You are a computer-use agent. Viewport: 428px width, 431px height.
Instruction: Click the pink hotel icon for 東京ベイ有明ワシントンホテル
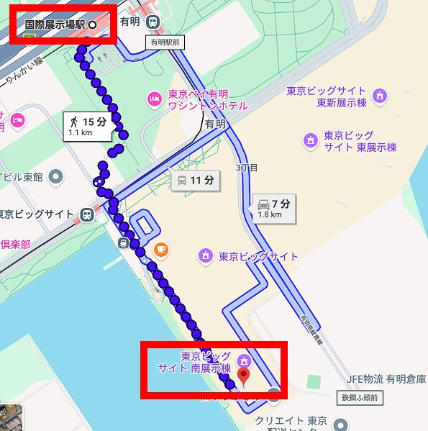pos(153,98)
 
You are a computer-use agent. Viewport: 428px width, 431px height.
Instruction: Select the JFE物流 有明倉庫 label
pos(384,379)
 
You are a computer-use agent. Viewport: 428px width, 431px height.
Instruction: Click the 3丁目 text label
pos(247,168)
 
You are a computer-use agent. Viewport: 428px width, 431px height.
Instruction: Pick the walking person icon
pos(75,122)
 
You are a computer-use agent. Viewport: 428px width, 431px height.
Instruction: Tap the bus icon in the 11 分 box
pos(183,180)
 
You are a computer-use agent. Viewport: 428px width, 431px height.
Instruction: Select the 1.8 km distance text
pos(270,214)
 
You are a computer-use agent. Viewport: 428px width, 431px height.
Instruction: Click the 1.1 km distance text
pos(80,133)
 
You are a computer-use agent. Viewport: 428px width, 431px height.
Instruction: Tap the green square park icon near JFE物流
pos(312,380)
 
